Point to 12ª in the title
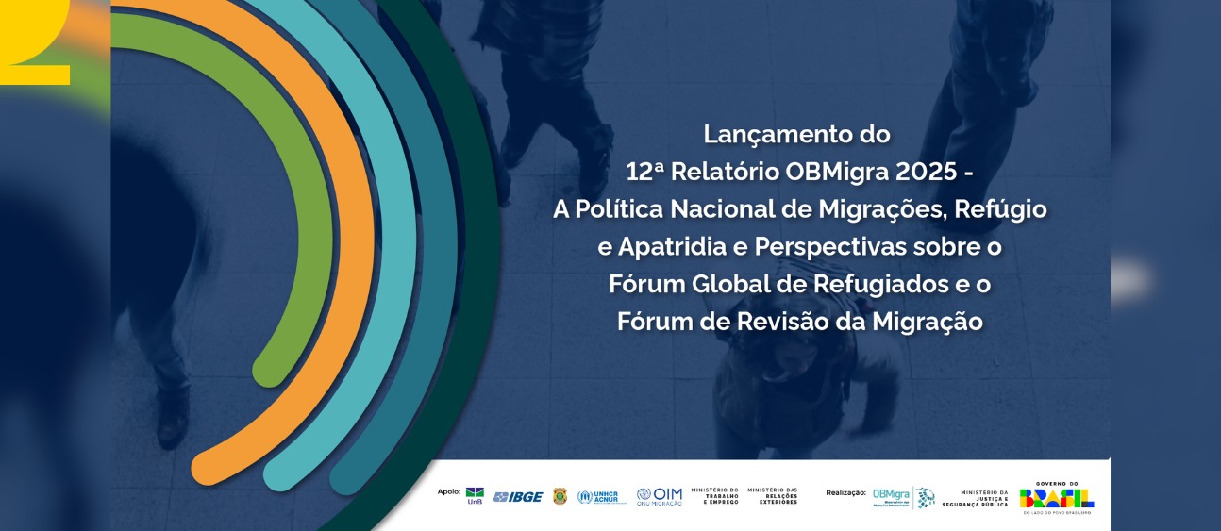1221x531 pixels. click(646, 173)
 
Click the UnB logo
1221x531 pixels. click(475, 496)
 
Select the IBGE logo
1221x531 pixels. click(518, 497)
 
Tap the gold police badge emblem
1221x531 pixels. click(560, 496)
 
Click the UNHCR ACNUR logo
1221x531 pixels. click(602, 496)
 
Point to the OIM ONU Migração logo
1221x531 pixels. click(659, 496)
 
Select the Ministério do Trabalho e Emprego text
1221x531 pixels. click(714, 496)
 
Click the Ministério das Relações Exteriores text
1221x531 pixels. click(772, 496)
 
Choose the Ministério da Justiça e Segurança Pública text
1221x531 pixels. click(974, 498)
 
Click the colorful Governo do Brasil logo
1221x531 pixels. click(1056, 497)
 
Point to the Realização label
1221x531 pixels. click(845, 492)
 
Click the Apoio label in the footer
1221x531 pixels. click(449, 491)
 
